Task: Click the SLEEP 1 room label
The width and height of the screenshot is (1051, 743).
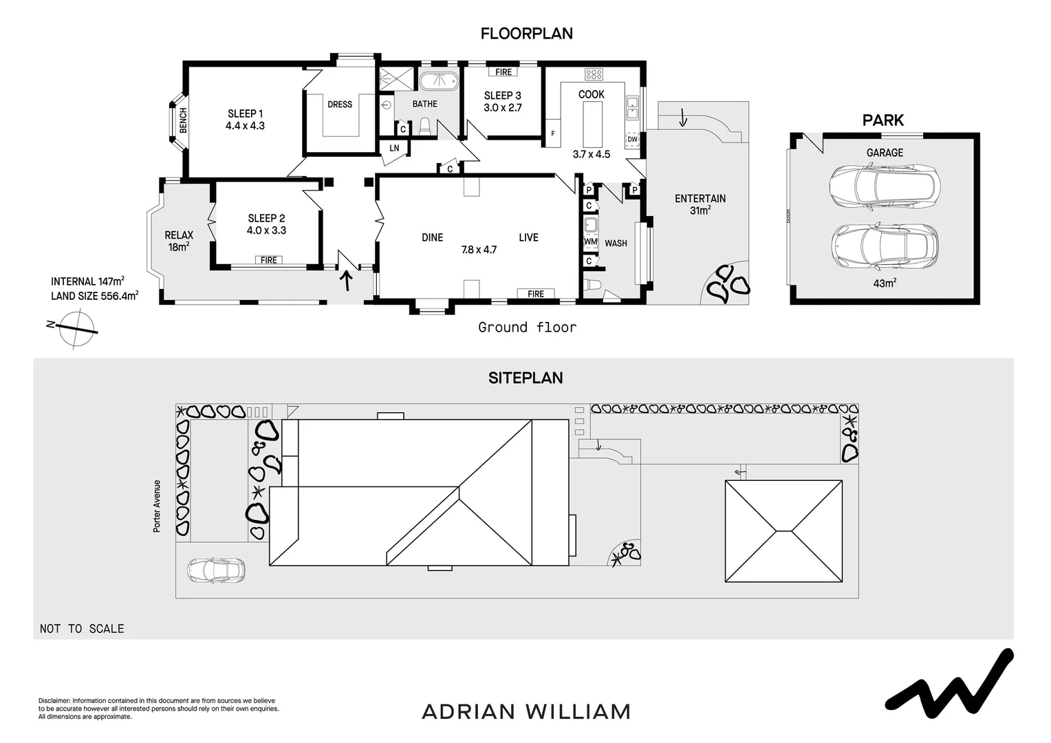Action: coord(246,114)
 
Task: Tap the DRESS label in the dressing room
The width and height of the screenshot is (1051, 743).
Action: coord(340,104)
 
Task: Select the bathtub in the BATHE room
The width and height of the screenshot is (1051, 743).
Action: coord(439,81)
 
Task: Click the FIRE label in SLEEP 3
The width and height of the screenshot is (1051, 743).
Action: coord(503,72)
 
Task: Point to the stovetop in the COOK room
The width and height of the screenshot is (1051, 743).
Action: coord(594,74)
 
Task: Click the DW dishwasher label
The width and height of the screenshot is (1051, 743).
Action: coord(633,139)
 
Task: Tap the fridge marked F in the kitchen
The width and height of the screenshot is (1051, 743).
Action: coord(553,133)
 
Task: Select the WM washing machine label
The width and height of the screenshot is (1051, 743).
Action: coord(591,241)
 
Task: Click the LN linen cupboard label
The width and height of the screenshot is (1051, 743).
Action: coord(394,148)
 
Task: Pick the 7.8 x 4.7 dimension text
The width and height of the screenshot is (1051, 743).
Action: coord(479,250)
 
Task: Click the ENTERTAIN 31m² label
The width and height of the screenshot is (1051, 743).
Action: coord(700,204)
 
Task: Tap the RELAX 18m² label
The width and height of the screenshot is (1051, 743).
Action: coord(179,240)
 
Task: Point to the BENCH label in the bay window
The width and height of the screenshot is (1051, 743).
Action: coord(183,120)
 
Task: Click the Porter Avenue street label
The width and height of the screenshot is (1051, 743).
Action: coord(157,506)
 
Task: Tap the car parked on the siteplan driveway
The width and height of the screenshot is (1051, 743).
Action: coord(216,570)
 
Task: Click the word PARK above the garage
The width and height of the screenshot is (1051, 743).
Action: coord(882,120)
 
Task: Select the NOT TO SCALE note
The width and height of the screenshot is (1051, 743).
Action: coord(82,629)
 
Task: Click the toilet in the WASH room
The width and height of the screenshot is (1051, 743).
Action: coord(593,285)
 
